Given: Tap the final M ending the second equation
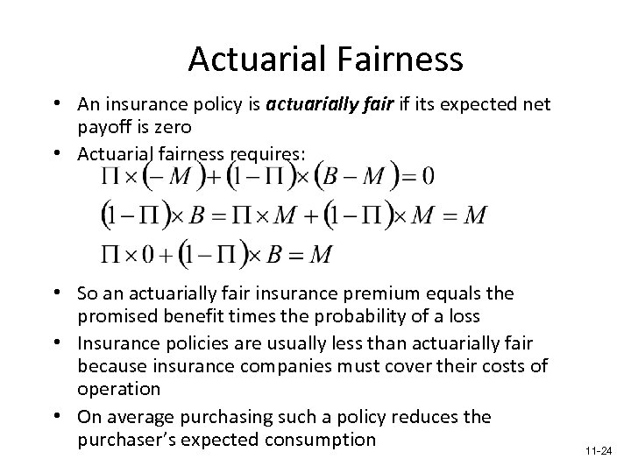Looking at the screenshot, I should [475, 214].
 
